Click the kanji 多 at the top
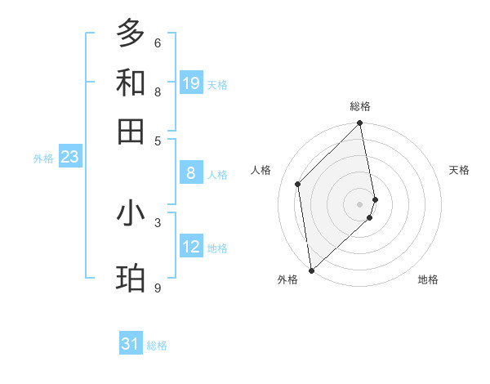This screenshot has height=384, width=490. pyautogui.click(x=131, y=33)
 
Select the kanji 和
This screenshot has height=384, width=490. pyautogui.click(x=131, y=83)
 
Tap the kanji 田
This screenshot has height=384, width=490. pyautogui.click(x=131, y=130)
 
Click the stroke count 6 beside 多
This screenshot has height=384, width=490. pyautogui.click(x=158, y=42)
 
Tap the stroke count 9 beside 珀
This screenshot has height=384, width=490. pyautogui.click(x=158, y=288)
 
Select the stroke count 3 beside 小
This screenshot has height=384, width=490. pyautogui.click(x=158, y=221)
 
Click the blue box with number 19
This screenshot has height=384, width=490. pyautogui.click(x=191, y=83)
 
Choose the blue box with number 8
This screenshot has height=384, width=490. pyautogui.click(x=191, y=172)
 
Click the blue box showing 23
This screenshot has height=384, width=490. pyautogui.click(x=69, y=157)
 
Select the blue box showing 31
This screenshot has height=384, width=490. pyautogui.click(x=131, y=344)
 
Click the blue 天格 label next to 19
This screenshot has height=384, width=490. pyautogui.click(x=217, y=84)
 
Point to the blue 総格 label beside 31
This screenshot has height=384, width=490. pyautogui.click(x=157, y=346)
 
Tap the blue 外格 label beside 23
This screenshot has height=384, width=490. pyautogui.click(x=43, y=159)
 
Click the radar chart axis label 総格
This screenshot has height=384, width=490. pyautogui.click(x=360, y=106)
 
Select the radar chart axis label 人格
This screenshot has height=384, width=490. pyautogui.click(x=261, y=170)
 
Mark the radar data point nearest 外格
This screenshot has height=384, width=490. pyautogui.click(x=311, y=270)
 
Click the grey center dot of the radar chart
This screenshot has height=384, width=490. pyautogui.click(x=360, y=203)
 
